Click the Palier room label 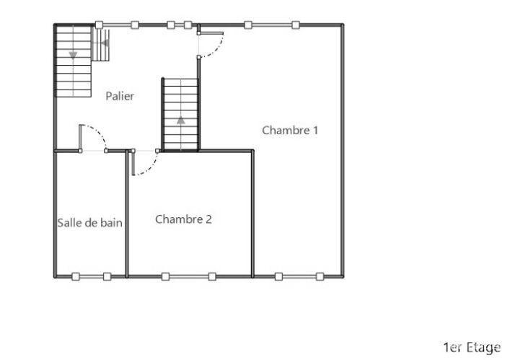tap(120, 96)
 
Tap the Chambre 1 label tap(290, 131)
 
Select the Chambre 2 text tap(183, 219)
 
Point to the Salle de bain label tap(89, 223)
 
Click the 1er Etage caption tap(472, 348)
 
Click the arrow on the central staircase tap(180, 120)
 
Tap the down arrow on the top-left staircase tap(73, 55)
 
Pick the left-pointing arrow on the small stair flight tap(105, 43)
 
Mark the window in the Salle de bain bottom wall tap(91, 276)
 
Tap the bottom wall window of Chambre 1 tap(299, 276)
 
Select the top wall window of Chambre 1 tap(271, 25)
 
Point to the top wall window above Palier tap(153, 25)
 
